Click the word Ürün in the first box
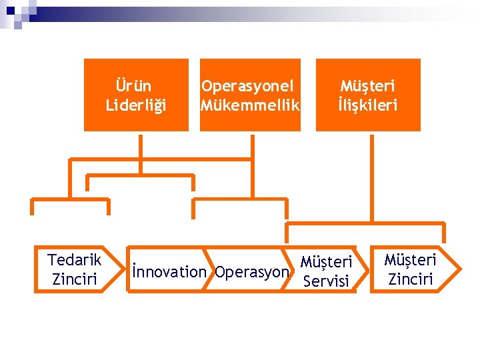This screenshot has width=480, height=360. (x=133, y=86)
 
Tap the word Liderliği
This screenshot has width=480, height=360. (x=136, y=105)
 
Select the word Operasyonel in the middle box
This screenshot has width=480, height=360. (x=248, y=86)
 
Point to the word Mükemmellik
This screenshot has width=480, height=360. (x=251, y=105)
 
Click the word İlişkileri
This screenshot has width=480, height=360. (x=367, y=105)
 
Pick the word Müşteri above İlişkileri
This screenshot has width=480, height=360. (x=367, y=86)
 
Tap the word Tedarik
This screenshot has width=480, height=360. (x=75, y=259)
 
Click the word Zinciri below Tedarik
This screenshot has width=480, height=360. (x=75, y=278)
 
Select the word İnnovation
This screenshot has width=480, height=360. (x=169, y=271)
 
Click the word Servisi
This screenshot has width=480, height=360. (x=326, y=281)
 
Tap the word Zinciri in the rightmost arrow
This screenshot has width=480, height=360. (x=410, y=278)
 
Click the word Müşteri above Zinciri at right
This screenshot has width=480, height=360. (x=410, y=259)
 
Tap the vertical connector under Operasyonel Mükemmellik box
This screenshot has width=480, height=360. (x=252, y=146)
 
